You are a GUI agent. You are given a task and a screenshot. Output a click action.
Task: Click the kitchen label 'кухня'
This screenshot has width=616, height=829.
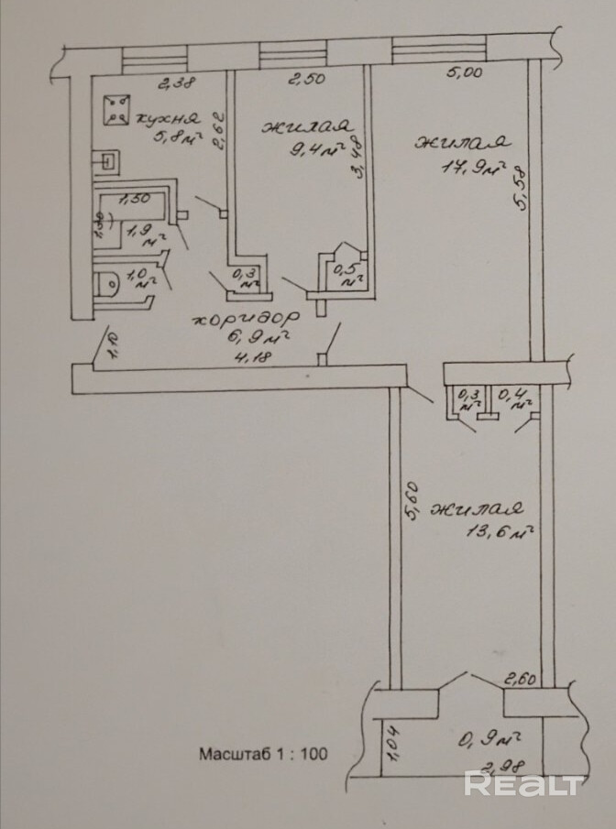tap(167, 118)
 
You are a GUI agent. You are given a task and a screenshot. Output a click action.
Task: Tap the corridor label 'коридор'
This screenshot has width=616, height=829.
tap(245, 320)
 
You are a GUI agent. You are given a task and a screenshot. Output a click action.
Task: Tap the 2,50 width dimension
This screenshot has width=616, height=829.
tap(307, 81)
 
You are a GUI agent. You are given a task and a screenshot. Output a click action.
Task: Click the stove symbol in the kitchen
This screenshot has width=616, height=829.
tap(115, 109)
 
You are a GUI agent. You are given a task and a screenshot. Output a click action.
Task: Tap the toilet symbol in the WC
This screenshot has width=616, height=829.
tap(108, 284)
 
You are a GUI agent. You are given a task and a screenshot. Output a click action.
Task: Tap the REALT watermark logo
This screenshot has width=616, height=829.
tap(523, 784)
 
